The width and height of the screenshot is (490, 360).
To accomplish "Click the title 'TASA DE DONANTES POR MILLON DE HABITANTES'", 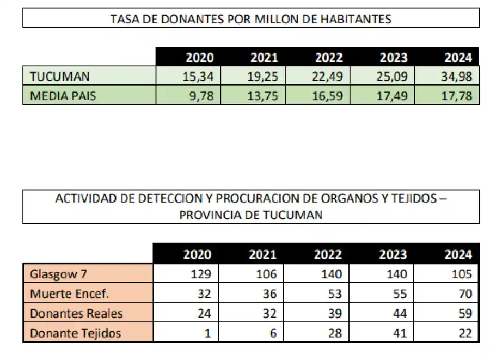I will [250, 19].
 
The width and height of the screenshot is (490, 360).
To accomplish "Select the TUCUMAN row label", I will [60, 76].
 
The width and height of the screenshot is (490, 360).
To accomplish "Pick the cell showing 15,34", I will [198, 76].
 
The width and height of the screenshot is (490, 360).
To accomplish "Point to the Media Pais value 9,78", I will [203, 96].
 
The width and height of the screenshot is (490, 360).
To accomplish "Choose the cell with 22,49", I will [328, 76].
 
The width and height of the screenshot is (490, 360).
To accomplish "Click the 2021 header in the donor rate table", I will [264, 58].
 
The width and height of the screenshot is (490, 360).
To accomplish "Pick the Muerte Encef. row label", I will [69, 294].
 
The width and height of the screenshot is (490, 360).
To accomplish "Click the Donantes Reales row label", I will [76, 314].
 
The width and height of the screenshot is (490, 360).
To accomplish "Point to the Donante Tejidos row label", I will [75, 333].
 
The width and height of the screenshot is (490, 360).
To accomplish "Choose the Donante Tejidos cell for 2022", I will [334, 333].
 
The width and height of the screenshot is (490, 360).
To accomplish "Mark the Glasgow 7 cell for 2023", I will [396, 274].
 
